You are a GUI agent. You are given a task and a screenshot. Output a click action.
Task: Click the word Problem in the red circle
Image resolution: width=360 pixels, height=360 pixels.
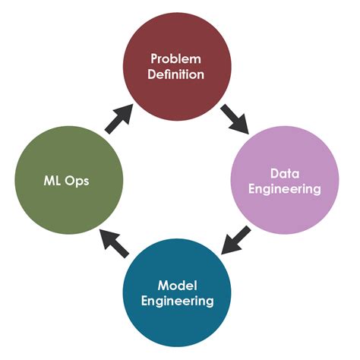click(x=177, y=58)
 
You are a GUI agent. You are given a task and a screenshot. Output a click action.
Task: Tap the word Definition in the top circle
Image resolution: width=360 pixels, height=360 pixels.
click(x=177, y=74)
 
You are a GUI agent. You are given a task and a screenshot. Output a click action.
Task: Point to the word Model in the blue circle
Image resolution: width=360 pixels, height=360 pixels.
click(x=177, y=285)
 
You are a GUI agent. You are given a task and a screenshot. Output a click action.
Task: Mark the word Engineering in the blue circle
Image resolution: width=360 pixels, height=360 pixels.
click(x=177, y=301)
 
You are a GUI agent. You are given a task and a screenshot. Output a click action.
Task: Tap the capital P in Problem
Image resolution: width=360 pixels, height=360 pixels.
click(x=155, y=58)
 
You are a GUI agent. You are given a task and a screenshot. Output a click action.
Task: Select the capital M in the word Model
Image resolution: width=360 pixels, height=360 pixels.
click(x=163, y=285)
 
